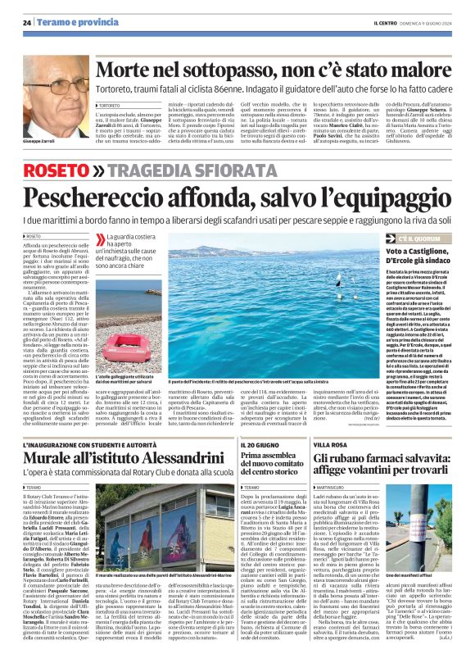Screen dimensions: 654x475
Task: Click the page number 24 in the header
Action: (27, 21)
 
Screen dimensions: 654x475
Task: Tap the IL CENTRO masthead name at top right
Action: (382, 22)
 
